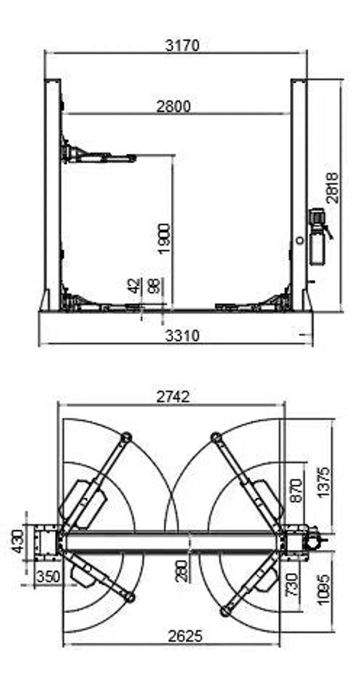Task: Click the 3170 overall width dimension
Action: pos(182,45)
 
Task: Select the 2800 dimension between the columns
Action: pos(173,106)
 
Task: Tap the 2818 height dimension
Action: pos(333,187)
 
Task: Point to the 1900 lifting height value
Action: pos(165,239)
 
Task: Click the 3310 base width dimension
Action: pos(182,336)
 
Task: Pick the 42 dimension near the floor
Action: pos(134,285)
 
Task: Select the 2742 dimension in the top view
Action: pos(173,397)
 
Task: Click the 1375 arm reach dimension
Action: pos(324,482)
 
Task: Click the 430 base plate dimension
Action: pos(17,541)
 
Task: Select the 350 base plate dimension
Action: pos(48,576)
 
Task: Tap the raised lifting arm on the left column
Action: pos(99,157)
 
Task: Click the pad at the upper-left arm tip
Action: pos(126,437)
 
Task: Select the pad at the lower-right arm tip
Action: pos(225,611)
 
